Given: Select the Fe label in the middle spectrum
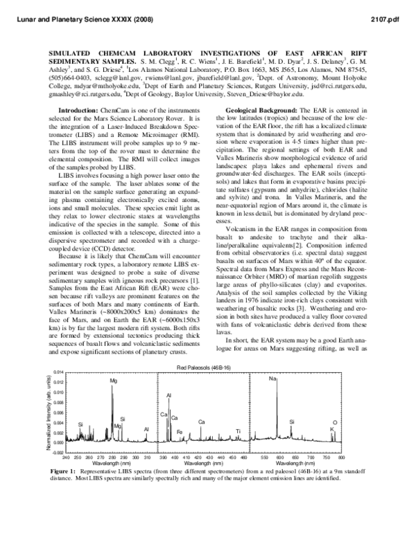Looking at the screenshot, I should pos(180,432).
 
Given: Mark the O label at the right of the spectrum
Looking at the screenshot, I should pos(336,422).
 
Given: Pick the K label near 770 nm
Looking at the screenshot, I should pos(332,429).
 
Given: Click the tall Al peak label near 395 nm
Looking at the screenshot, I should pos(168,395).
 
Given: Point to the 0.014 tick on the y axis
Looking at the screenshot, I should pos(58,372).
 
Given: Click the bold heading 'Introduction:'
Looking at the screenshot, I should pos(78,111).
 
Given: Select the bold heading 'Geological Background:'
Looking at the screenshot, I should pos(263,111).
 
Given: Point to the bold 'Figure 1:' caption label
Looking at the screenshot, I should pos(67,471).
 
